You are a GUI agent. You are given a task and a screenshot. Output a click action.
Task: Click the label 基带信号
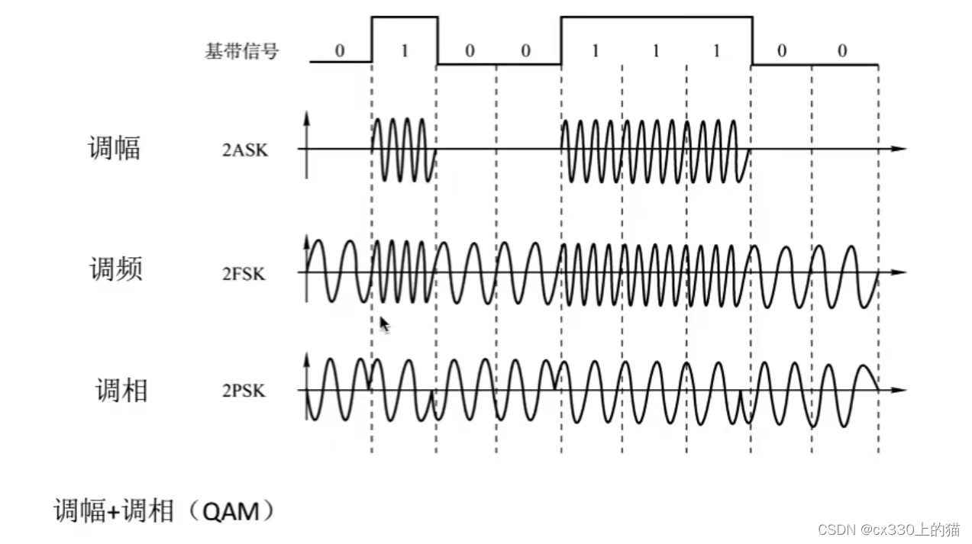pos(241,52)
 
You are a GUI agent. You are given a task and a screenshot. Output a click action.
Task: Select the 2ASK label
pos(245,150)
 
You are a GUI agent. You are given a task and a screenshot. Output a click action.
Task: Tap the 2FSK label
pos(244,273)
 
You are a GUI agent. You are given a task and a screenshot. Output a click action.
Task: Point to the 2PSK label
pos(244,391)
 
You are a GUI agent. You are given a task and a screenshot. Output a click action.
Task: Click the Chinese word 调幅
pos(115,148)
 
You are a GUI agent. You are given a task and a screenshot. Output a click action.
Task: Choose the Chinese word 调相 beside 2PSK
pos(121,391)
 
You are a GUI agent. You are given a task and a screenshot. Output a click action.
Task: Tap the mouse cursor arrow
pos(384,325)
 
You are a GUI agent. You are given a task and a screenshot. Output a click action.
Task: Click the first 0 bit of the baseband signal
pos(340,51)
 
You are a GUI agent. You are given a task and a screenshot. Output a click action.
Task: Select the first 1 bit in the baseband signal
pos(405,51)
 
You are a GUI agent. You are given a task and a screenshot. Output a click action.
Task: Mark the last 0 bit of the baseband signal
pos(842,51)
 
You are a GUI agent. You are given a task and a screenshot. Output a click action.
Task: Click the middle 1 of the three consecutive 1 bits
pos(655,51)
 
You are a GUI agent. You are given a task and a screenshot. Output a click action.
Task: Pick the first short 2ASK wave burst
pos(403,150)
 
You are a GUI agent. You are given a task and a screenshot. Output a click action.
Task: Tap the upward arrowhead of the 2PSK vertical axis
pos(306,359)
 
